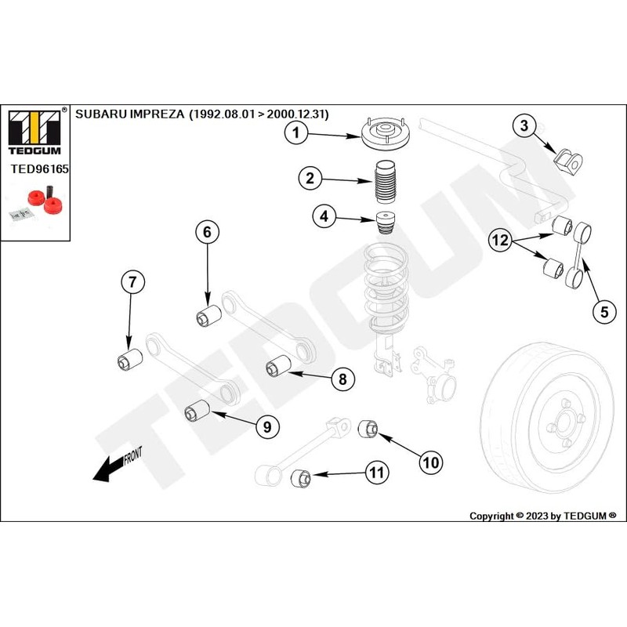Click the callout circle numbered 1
pos(296,134)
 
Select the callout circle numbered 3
pos(525,125)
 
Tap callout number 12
pos(502,241)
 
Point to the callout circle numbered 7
pos(132,283)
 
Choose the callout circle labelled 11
pos(377,472)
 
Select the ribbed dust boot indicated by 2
pos(384,184)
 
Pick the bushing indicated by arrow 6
pos(208,317)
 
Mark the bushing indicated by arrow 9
pos(195,410)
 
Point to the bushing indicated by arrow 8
pos(278,366)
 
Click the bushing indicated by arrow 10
pos(368,429)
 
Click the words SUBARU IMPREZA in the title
pos(129,114)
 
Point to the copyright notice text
pos(542,516)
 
